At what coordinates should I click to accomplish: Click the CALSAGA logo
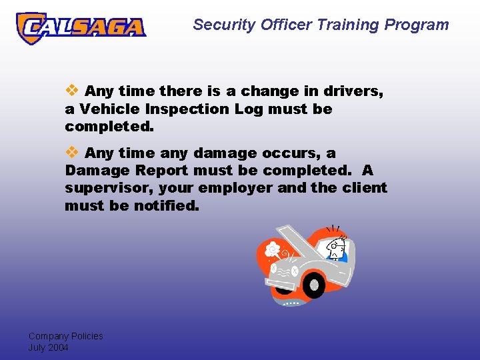81,27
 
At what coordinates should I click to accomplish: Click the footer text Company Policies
65,336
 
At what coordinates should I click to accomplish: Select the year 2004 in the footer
58,347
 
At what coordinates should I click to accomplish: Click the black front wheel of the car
313,285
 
